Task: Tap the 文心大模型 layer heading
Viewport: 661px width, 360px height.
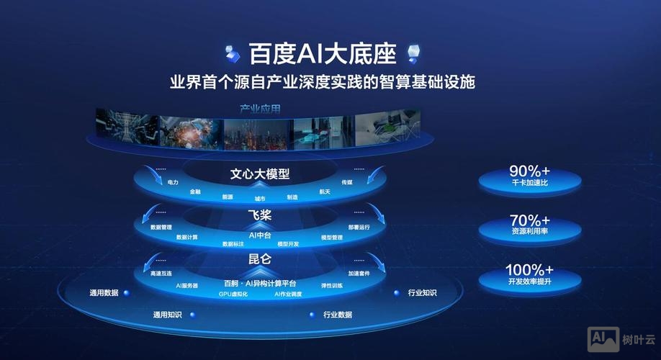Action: coord(260,174)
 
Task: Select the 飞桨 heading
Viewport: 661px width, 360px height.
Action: coord(259,215)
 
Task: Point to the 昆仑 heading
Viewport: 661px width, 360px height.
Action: coord(260,258)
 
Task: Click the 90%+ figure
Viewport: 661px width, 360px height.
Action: coord(529,171)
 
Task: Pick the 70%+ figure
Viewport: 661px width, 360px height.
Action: coord(529,220)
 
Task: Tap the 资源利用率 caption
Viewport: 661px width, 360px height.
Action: coord(529,232)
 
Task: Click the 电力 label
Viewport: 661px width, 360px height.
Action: coord(173,183)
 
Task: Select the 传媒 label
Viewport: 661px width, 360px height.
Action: coord(347,183)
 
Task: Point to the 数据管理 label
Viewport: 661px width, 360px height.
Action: coord(161,228)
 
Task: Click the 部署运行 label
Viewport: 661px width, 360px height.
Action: coord(359,228)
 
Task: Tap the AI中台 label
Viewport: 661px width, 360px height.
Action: coord(259,235)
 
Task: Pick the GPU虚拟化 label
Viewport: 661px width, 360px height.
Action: coord(233,294)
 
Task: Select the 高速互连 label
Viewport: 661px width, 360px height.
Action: coord(161,274)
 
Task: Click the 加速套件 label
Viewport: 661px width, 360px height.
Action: coord(359,274)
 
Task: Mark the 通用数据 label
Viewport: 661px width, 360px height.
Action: coord(104,293)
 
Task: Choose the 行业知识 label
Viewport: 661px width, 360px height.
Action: coord(422,293)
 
